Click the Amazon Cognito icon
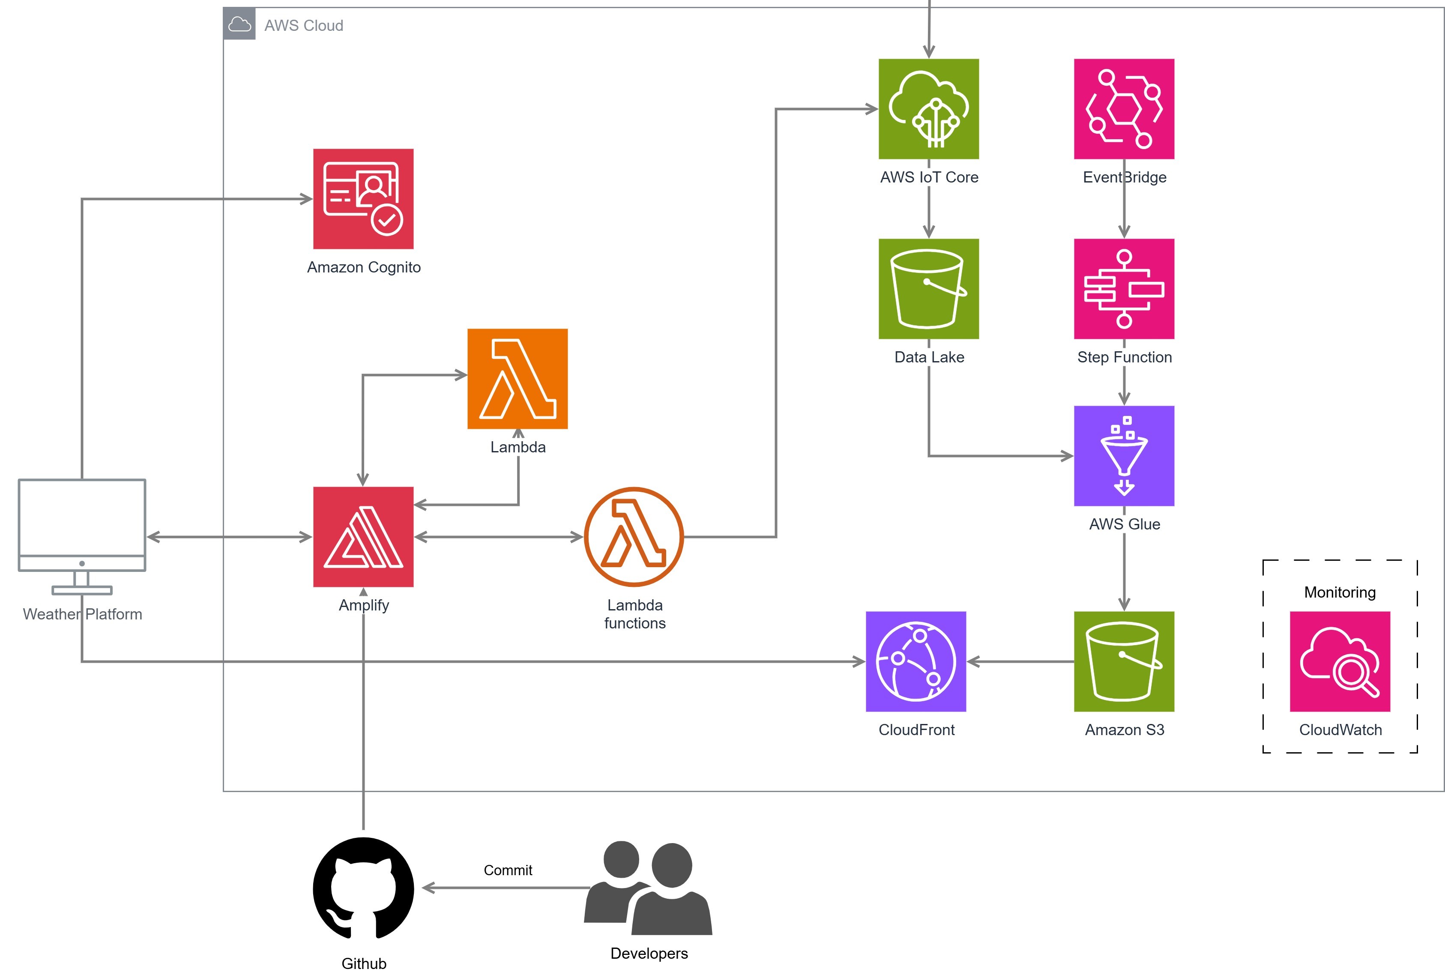click(363, 199)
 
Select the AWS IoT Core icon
click(929, 109)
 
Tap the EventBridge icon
click(1124, 109)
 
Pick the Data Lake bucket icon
click(929, 289)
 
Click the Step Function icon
click(1124, 289)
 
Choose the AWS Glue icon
click(1124, 456)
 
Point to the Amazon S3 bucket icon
click(1124, 661)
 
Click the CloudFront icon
click(915, 661)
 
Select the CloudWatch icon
click(1340, 661)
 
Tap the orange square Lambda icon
click(518, 379)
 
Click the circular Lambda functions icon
click(634, 537)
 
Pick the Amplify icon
click(363, 537)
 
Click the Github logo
click(363, 888)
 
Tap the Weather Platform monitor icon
click(82, 537)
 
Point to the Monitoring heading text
click(1340, 592)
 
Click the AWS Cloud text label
click(304, 25)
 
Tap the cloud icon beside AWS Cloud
click(239, 24)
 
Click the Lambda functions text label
click(635, 614)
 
